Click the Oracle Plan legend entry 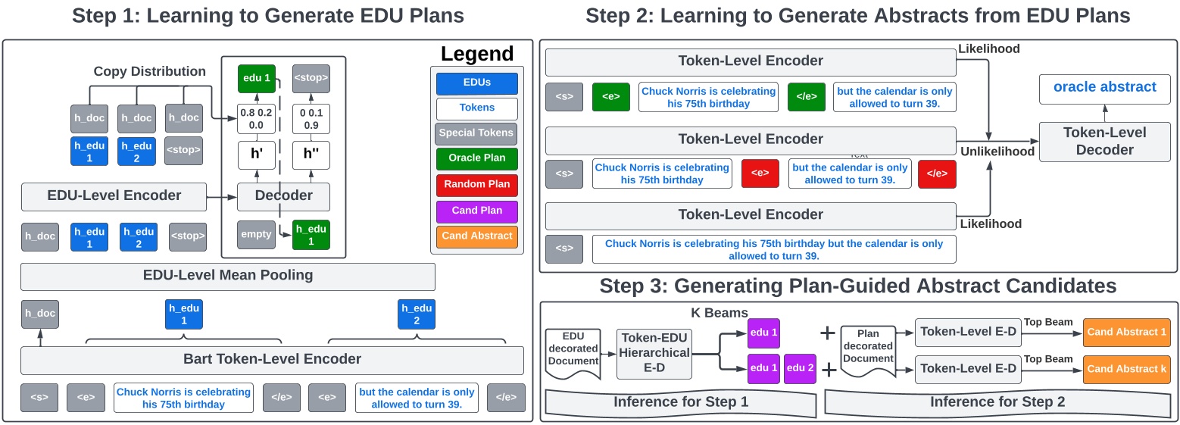click(x=476, y=158)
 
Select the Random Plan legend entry click(x=476, y=184)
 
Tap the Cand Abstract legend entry click(x=476, y=236)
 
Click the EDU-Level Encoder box click(x=114, y=195)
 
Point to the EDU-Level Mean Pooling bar click(x=227, y=276)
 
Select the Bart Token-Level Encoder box click(x=272, y=359)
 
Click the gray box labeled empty click(x=256, y=234)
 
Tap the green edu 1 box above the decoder click(x=256, y=79)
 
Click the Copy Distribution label click(x=149, y=71)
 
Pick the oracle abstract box click(x=1104, y=87)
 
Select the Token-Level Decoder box click(x=1104, y=141)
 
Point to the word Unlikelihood click(x=997, y=152)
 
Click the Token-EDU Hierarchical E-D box click(x=654, y=352)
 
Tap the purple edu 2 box click(x=800, y=367)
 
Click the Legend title click(x=476, y=54)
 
